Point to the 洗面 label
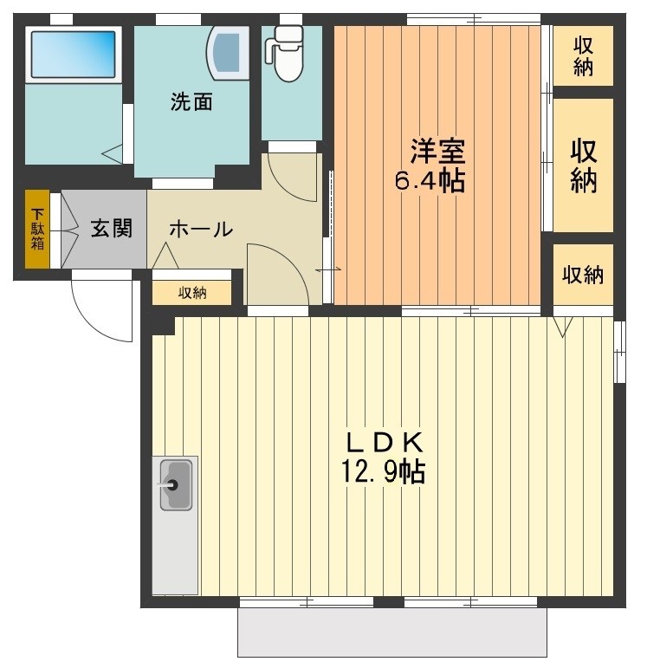(191, 102)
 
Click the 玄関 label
(112, 229)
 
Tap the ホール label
(200, 230)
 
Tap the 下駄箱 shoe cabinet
(37, 229)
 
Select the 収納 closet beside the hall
(192, 293)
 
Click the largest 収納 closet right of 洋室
(583, 165)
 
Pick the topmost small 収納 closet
(583, 56)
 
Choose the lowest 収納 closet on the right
(583, 276)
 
